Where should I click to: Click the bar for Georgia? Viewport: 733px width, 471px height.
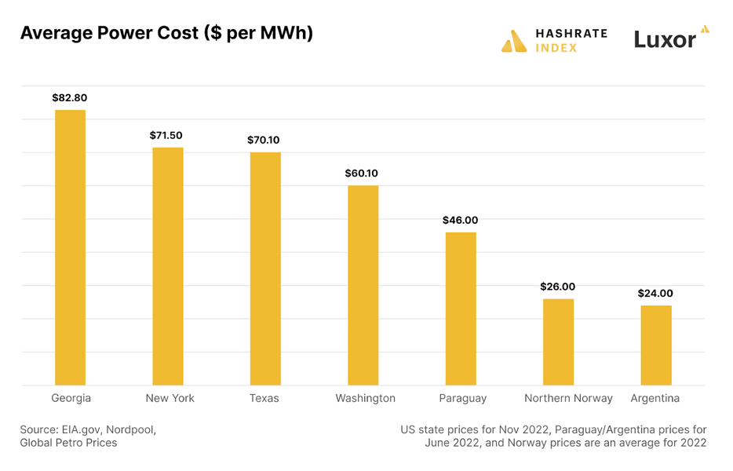(x=70, y=247)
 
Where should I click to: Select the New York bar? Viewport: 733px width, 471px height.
(x=167, y=266)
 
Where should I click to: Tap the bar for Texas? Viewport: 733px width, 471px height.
(x=265, y=268)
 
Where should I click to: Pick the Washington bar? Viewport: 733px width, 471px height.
(x=363, y=285)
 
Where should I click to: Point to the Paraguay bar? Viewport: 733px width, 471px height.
(x=461, y=309)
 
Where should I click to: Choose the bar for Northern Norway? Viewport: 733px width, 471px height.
(x=558, y=341)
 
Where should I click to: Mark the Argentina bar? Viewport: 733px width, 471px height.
(x=656, y=345)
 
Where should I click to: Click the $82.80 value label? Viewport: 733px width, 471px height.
(x=70, y=98)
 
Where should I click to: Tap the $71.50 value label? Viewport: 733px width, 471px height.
(x=166, y=136)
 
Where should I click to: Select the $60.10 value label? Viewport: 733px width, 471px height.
(x=362, y=173)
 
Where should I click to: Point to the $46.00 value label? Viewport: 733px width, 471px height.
(x=460, y=221)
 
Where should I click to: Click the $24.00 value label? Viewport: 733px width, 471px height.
(x=655, y=294)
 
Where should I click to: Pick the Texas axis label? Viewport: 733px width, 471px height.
(x=264, y=398)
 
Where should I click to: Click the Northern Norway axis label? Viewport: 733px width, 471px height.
(x=568, y=398)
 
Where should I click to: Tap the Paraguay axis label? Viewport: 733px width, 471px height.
(x=463, y=398)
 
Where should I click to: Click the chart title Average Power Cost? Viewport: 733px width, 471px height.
(x=166, y=34)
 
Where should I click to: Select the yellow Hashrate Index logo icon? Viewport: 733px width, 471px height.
(x=514, y=41)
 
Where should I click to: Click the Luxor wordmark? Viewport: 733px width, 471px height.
(x=666, y=39)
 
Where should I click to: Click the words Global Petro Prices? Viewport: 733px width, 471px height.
(x=68, y=443)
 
